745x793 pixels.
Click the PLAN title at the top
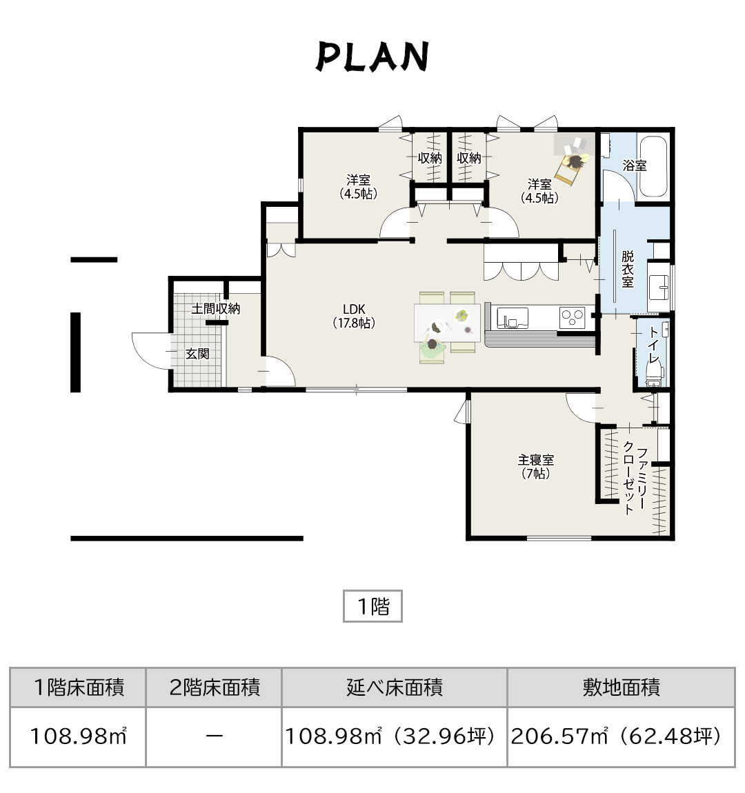372,57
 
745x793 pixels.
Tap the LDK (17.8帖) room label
354,316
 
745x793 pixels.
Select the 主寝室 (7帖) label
536,467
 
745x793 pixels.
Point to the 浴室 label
635,165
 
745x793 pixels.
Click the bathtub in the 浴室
653,167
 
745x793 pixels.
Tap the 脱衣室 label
628,269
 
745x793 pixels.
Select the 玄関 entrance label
197,354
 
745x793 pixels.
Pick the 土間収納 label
216,308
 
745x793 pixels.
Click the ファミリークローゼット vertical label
635,481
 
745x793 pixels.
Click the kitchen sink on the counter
513,319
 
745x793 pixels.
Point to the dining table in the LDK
447,322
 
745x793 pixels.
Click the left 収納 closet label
430,158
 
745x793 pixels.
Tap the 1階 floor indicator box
372,606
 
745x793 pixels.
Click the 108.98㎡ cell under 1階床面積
78,736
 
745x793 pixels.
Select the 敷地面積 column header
621,687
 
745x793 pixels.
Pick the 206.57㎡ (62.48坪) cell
621,736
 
